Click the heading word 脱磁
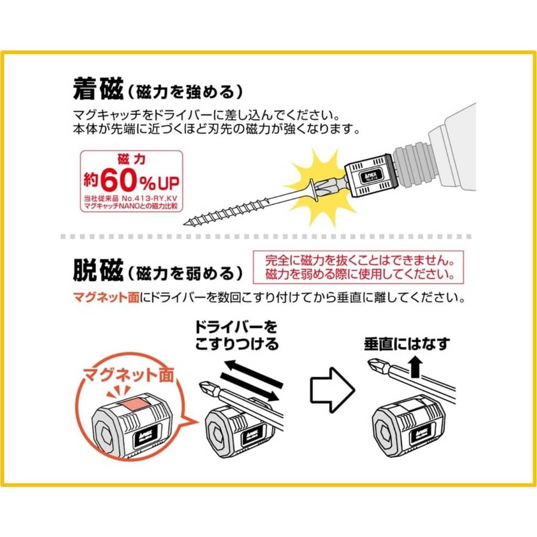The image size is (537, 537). pos(98,271)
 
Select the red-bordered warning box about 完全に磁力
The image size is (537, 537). pos(358,267)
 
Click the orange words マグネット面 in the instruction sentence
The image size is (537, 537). pos(106,297)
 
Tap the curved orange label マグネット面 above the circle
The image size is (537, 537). pos(129,375)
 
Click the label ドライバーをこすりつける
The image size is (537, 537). pos(237,336)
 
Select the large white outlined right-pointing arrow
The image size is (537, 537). pos(332,390)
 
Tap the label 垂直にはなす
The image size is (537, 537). pos(407,343)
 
